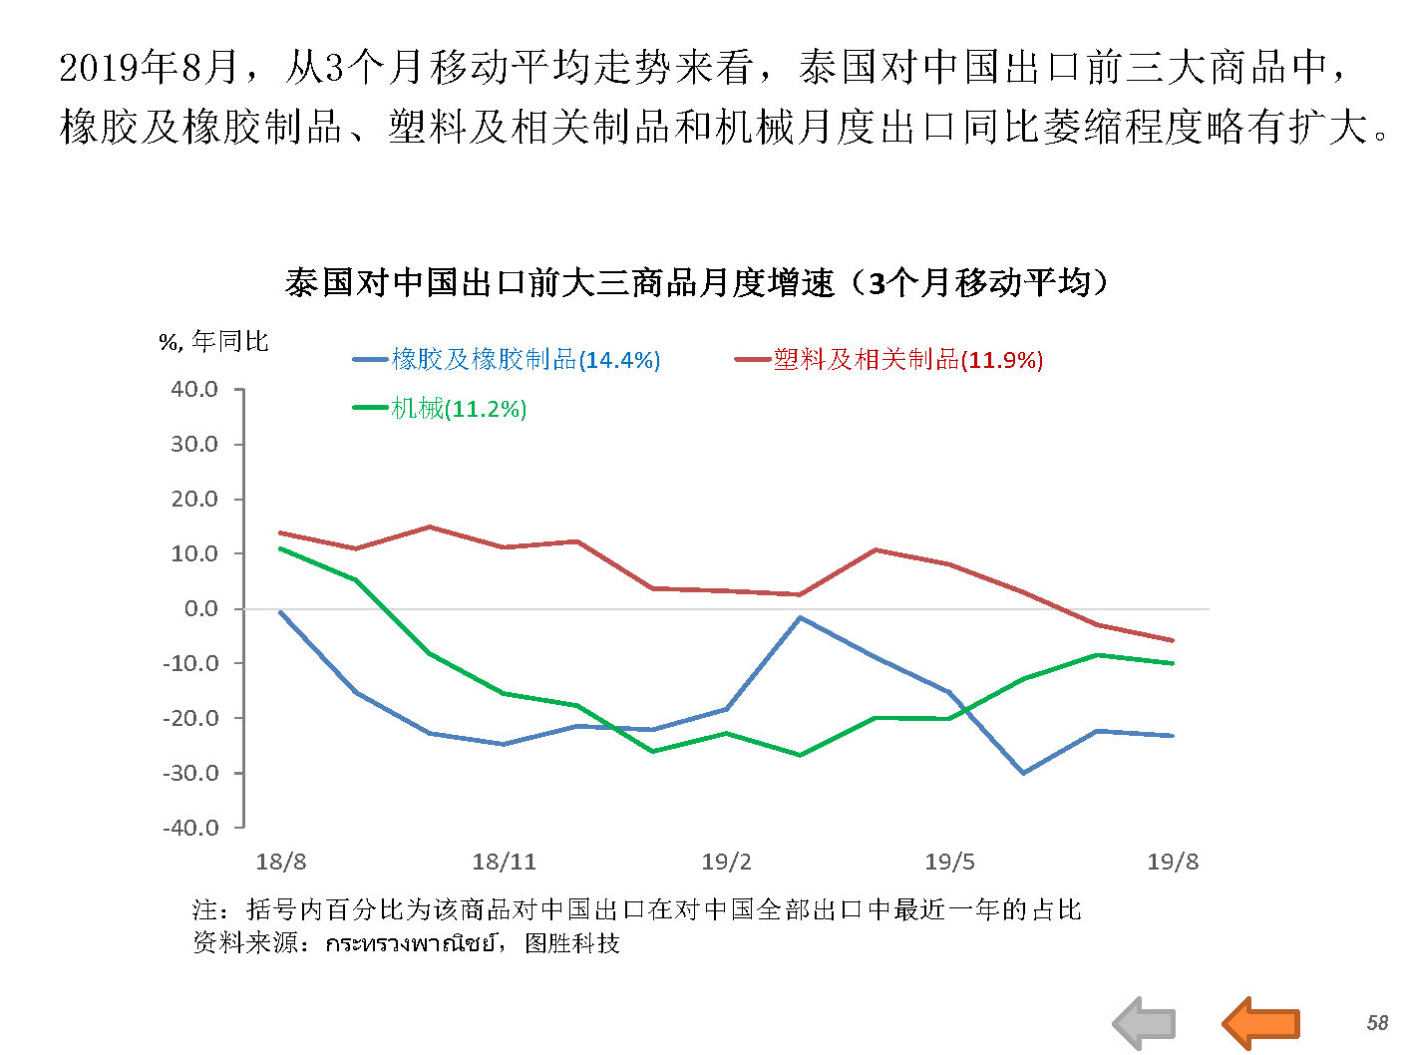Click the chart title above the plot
point(696,283)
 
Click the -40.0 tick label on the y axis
point(190,828)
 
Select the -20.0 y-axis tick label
point(190,718)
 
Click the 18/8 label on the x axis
point(280,863)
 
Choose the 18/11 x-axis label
point(504,863)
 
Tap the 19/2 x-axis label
point(726,863)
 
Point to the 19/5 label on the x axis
point(949,863)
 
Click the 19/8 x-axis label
point(1173,863)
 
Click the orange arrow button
point(1261,1023)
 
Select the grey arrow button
point(1145,1023)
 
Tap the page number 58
point(1377,1023)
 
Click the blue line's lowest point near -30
point(1023,773)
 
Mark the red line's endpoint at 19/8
point(1173,640)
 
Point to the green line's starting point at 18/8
point(281,548)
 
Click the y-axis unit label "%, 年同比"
point(214,342)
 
